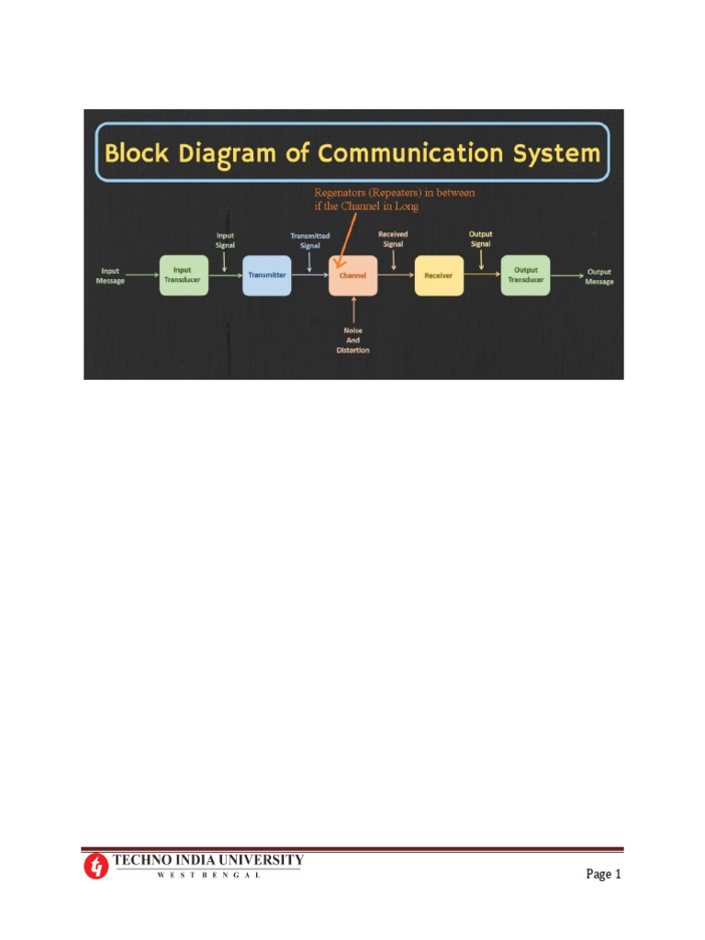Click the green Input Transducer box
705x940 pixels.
pyautogui.click(x=184, y=275)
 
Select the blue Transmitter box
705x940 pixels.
pyautogui.click(x=267, y=275)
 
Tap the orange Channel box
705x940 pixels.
pyautogui.click(x=353, y=275)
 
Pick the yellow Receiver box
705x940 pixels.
pyautogui.click(x=439, y=275)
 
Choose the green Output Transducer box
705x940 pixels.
pyautogui.click(x=525, y=275)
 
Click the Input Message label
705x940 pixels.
pyautogui.click(x=110, y=275)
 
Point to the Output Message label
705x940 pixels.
pyautogui.click(x=599, y=275)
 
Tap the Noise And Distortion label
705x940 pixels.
pyautogui.click(x=352, y=341)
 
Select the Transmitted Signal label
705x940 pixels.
pyautogui.click(x=310, y=241)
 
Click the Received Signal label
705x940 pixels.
pyautogui.click(x=393, y=239)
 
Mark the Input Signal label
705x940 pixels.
pyautogui.click(x=225, y=240)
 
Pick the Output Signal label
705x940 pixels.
pyautogui.click(x=480, y=239)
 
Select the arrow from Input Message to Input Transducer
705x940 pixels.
pyautogui.click(x=142, y=274)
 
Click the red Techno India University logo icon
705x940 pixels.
pyautogui.click(x=96, y=866)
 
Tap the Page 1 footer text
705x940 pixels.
pyautogui.click(x=603, y=874)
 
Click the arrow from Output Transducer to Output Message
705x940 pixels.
pyautogui.click(x=566, y=274)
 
